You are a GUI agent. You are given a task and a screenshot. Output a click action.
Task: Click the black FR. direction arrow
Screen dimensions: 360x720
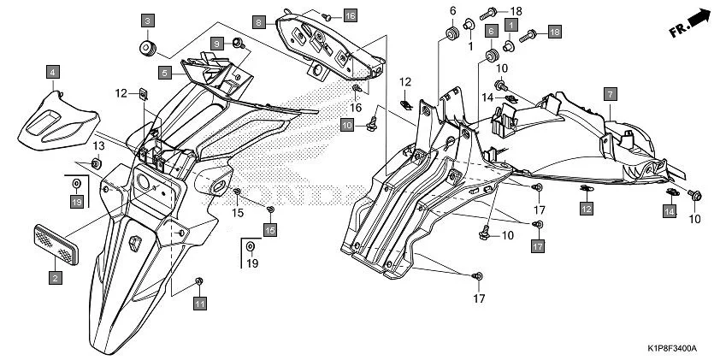tap(699, 17)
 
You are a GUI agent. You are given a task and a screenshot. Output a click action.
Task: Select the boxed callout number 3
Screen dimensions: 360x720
tap(148, 20)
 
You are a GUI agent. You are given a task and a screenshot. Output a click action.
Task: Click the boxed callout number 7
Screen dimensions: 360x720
tap(611, 92)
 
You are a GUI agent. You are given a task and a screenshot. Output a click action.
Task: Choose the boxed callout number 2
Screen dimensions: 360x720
tap(54, 277)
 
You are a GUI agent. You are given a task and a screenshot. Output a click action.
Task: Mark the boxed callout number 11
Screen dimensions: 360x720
tap(199, 303)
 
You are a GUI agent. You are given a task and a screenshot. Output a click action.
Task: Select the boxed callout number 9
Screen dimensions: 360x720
tap(217, 43)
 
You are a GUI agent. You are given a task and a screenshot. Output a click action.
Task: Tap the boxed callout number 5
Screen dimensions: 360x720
tap(164, 73)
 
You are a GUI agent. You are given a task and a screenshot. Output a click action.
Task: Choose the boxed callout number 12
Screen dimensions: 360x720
tap(586, 208)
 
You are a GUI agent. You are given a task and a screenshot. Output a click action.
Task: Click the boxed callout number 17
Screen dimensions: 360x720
tap(537, 246)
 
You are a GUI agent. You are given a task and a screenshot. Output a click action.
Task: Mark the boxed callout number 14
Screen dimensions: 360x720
tap(670, 210)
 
